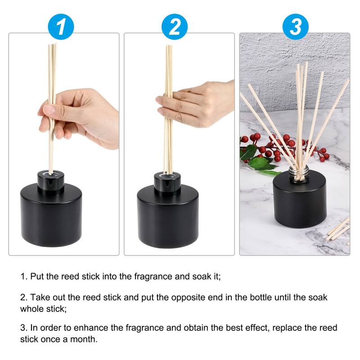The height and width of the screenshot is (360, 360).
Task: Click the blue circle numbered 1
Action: pos(60,27)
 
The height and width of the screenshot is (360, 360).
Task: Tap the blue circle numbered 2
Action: pos(175,27)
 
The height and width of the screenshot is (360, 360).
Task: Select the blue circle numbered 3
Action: pos(295,27)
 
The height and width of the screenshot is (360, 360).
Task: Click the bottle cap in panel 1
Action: pos(51,180)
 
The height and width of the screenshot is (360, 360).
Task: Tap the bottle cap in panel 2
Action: pos(167,180)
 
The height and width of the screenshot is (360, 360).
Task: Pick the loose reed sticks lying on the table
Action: pos(339,229)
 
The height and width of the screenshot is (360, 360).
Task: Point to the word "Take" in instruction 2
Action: pos(39,297)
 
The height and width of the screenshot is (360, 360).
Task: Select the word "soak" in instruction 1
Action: pos(203,276)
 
